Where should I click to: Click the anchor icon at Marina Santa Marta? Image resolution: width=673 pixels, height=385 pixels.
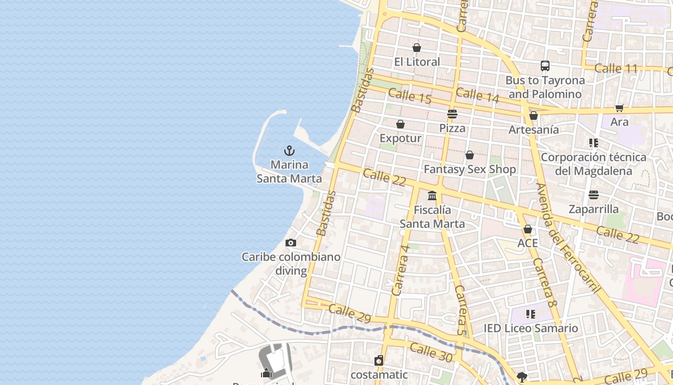tap(289, 151)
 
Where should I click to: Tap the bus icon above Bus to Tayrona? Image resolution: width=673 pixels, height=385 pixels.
tap(545, 66)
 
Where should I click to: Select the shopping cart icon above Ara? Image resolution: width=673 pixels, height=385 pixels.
tap(620, 108)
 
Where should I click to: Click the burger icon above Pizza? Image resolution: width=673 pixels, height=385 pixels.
tap(452, 114)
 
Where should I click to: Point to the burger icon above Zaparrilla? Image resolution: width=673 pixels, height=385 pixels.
tap(594, 195)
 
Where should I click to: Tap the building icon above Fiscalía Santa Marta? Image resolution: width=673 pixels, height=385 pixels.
tap(432, 196)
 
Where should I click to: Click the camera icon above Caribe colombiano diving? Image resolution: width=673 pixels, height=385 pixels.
tap(291, 243)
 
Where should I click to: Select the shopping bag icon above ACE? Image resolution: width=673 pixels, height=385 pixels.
tap(528, 229)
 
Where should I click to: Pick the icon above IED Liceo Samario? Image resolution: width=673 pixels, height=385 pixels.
tap(530, 314)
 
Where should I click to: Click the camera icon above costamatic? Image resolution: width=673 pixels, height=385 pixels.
tap(379, 360)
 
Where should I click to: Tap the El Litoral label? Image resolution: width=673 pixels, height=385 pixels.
tap(417, 62)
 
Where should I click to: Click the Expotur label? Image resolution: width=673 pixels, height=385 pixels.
tap(400, 139)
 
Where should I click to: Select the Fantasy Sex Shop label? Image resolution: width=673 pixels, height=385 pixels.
tap(470, 169)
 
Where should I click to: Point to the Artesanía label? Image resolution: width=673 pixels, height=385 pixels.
tap(534, 129)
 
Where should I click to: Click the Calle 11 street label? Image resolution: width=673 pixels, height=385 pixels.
tap(615, 68)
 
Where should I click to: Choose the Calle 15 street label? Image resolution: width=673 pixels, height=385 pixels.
tap(410, 96)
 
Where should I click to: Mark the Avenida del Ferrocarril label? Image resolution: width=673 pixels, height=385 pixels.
tap(568, 239)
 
